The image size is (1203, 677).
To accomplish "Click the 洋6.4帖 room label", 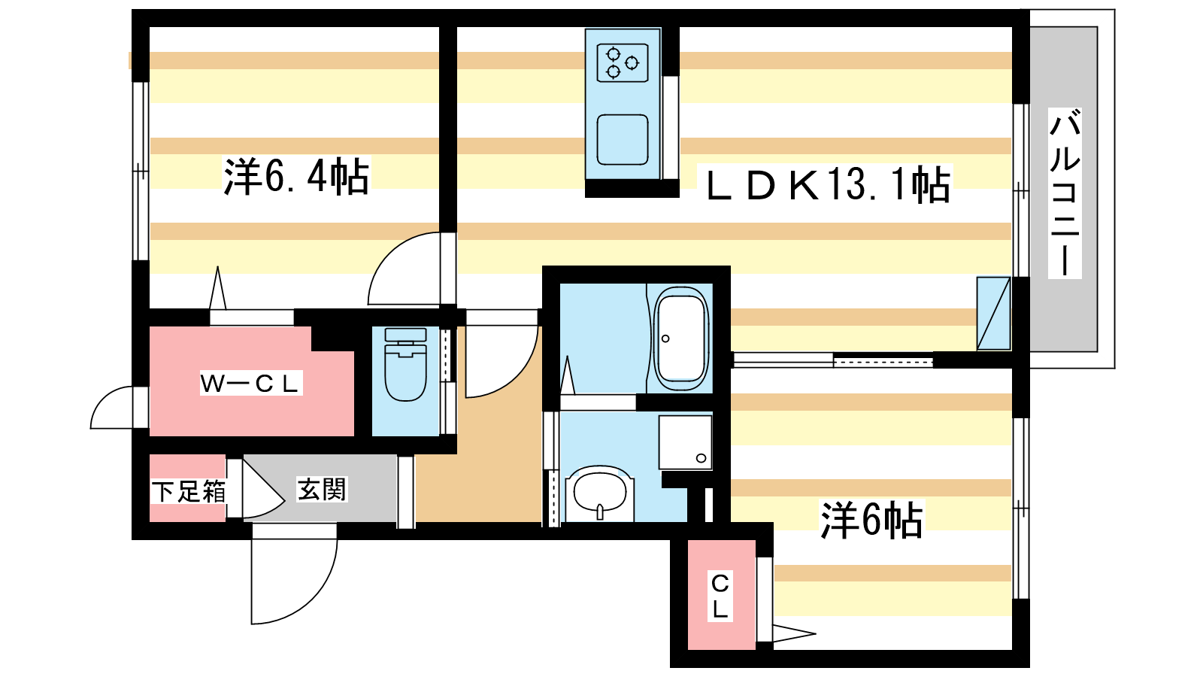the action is click(x=296, y=177).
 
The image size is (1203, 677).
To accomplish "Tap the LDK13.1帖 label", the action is click(x=828, y=185).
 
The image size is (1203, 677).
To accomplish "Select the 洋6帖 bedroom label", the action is click(x=871, y=520).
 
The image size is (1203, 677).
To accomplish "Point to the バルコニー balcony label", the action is click(x=1065, y=193).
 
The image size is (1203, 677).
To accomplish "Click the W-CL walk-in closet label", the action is click(x=251, y=383).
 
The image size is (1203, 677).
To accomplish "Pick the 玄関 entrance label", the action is click(x=322, y=489).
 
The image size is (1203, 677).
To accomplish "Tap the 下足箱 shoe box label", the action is click(x=188, y=491).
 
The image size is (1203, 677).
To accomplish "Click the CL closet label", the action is click(x=720, y=595).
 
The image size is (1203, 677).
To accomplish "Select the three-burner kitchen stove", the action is click(x=623, y=63).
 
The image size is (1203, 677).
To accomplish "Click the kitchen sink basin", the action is click(x=623, y=140).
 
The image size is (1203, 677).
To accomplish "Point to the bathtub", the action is click(x=680, y=339).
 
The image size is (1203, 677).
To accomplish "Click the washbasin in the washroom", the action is click(x=600, y=492).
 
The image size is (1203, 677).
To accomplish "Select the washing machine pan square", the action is click(x=685, y=442).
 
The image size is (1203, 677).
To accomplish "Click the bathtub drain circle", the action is click(x=665, y=338).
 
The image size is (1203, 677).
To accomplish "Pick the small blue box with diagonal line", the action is click(x=993, y=313).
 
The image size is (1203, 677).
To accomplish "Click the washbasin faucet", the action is click(x=600, y=512).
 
